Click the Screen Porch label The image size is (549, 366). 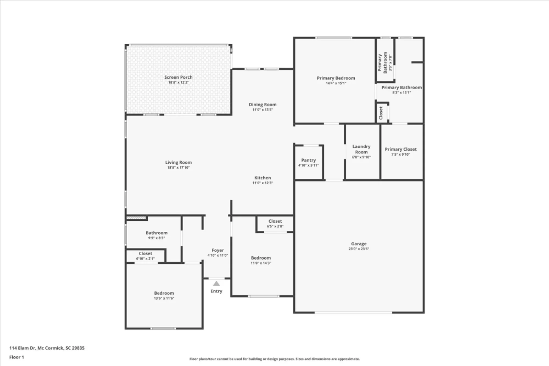pos(178,77)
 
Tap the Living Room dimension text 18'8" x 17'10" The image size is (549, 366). pos(178,167)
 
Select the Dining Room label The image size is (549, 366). pos(262,104)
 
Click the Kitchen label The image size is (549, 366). pos(262,178)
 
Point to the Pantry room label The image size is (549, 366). pos(308,160)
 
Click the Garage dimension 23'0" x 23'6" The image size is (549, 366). pos(358,249)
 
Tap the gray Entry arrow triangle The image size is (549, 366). pos(216,284)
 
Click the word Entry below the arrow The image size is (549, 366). pos(216,291)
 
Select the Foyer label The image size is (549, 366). pos(217,250)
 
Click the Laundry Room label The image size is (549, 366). pos(361,149)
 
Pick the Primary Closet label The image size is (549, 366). pos(400,149)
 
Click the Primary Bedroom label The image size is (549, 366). pos(336,78)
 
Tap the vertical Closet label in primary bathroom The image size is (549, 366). pos(381,113)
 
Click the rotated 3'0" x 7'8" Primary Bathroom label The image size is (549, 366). pos(385,63)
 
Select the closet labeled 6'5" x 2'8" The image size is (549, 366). pos(275,223)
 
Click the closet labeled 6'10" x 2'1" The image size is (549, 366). pos(145,256)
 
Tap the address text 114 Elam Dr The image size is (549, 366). pos(23,348)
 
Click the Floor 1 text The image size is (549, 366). pos(17,357)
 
